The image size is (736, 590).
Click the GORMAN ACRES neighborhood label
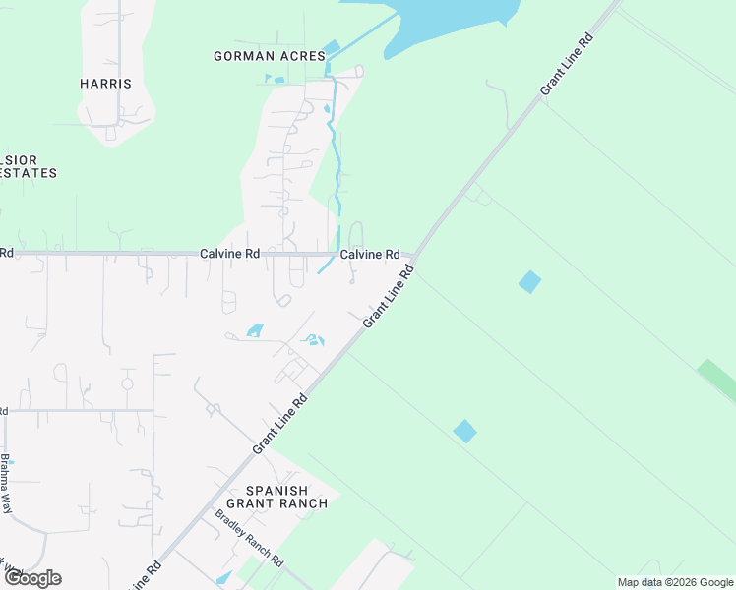click(x=270, y=57)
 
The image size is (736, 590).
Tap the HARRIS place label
click(x=105, y=84)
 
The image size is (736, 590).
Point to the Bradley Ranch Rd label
click(x=249, y=539)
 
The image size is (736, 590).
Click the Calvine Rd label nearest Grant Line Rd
click(x=370, y=255)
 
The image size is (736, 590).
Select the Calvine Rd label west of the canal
click(x=230, y=254)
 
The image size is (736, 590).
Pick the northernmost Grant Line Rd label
click(x=568, y=66)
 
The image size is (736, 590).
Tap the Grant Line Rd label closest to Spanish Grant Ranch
click(x=280, y=424)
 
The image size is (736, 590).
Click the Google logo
click(x=32, y=578)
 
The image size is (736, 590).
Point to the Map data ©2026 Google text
click(x=675, y=582)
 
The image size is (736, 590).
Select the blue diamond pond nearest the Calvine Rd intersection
click(x=529, y=282)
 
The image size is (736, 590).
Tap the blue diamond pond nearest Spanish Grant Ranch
click(x=464, y=431)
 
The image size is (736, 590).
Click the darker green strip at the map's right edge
click(x=717, y=381)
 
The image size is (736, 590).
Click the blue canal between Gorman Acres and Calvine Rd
click(x=337, y=157)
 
